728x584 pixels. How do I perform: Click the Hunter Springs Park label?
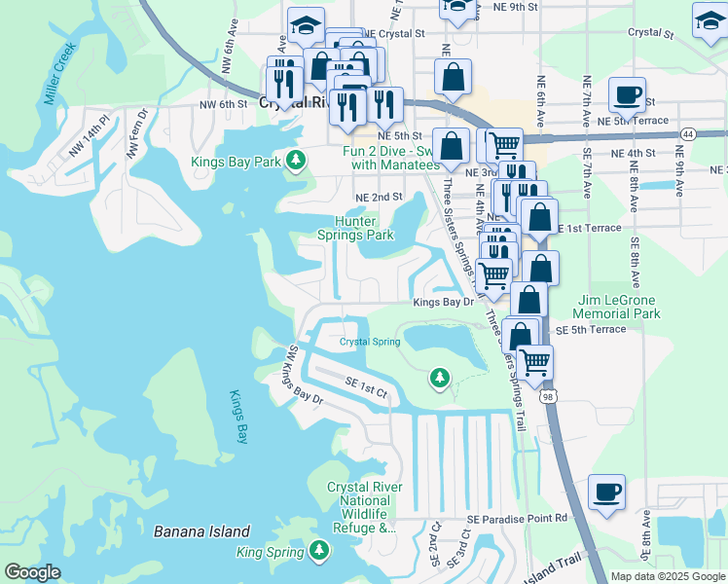pyautogui.click(x=356, y=228)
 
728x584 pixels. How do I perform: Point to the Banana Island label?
pyautogui.click(x=201, y=531)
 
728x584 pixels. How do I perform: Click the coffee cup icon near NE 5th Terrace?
pyautogui.click(x=627, y=96)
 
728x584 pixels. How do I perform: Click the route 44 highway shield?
pyautogui.click(x=688, y=132)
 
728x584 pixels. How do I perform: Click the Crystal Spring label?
pyautogui.click(x=370, y=342)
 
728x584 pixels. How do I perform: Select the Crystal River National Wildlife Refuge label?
pyautogui.click(x=364, y=508)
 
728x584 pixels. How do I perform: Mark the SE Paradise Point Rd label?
pyautogui.click(x=517, y=519)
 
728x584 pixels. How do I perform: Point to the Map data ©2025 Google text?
pyautogui.click(x=667, y=575)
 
